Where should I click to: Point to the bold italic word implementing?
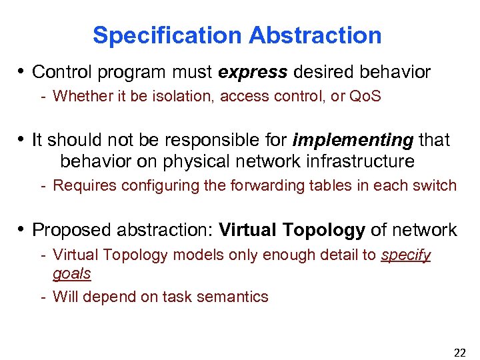[353, 140]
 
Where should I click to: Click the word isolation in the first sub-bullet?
[182, 96]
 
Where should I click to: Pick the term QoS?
[365, 96]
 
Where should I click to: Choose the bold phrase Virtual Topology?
[291, 231]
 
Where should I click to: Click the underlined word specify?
[405, 255]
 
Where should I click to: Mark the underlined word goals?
[71, 273]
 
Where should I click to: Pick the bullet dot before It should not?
[21, 140]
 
